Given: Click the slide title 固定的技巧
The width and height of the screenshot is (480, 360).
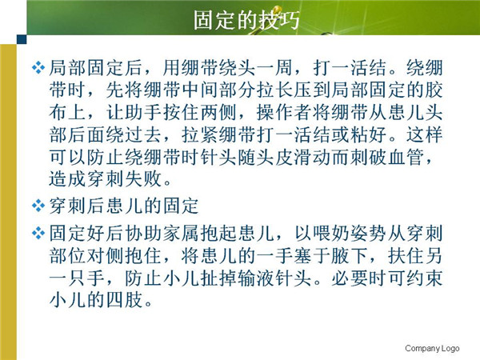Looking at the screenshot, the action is click(246, 20).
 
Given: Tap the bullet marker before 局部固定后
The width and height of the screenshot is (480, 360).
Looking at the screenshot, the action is click(38, 68).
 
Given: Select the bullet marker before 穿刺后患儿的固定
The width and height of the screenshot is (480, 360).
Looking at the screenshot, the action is click(38, 206).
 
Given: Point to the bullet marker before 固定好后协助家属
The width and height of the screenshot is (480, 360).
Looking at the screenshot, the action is click(38, 233).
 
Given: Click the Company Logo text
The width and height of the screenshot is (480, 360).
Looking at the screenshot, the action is click(432, 348).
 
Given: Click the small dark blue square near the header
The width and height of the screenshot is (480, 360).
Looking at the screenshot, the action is click(22, 39).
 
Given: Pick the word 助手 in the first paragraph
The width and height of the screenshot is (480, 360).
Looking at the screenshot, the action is click(143, 112).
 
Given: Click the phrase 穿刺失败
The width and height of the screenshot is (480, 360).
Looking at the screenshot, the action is click(124, 179).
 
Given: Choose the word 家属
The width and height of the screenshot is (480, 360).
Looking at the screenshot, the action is click(181, 234).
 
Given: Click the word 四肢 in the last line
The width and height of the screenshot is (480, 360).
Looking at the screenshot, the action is click(124, 300).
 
